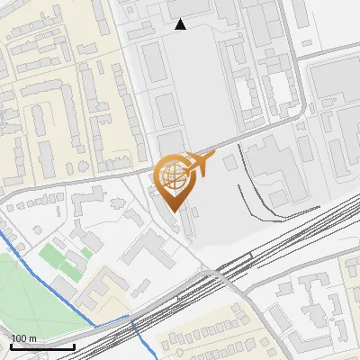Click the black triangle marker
tap(181, 24)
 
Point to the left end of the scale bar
tap(12, 346)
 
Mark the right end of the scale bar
tap(74, 346)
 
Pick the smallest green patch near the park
tap(87, 253)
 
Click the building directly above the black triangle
tap(184, 7)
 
